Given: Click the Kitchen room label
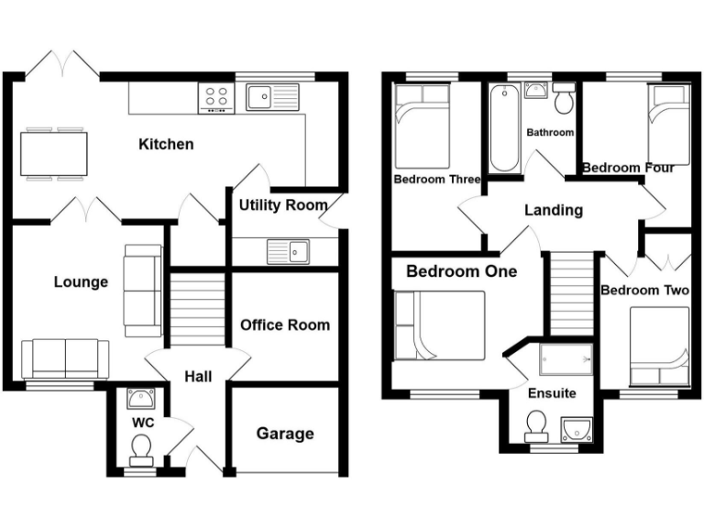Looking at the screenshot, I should (166, 144).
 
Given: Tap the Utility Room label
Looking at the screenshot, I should (282, 204).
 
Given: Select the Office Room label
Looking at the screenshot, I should (285, 324).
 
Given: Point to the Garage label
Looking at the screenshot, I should (285, 434).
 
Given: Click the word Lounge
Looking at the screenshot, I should (81, 281).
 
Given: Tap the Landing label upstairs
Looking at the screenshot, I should (554, 210).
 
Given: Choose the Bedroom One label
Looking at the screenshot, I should (461, 271).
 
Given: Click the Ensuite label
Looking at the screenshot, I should (552, 393).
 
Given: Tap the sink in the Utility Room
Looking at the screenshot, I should (290, 249).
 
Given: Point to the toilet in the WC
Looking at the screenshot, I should (140, 448).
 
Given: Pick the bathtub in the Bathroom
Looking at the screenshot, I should (504, 129).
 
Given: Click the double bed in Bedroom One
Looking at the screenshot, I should (439, 325).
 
